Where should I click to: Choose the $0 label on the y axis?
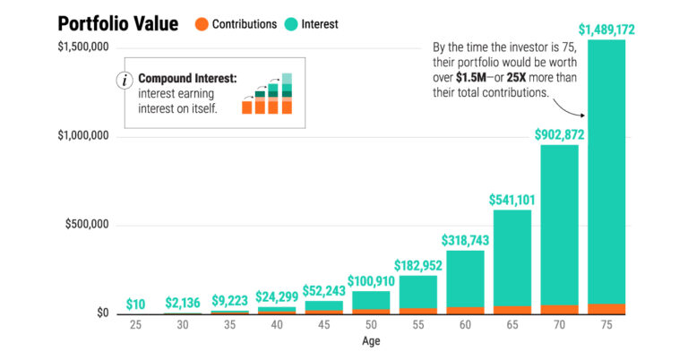100,313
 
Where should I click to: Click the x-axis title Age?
370,341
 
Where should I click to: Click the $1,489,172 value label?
606,30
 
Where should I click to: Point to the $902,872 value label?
559,134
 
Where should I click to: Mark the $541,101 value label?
512,199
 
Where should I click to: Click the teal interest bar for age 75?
606,170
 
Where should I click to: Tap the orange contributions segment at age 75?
606,309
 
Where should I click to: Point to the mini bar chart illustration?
268,94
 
